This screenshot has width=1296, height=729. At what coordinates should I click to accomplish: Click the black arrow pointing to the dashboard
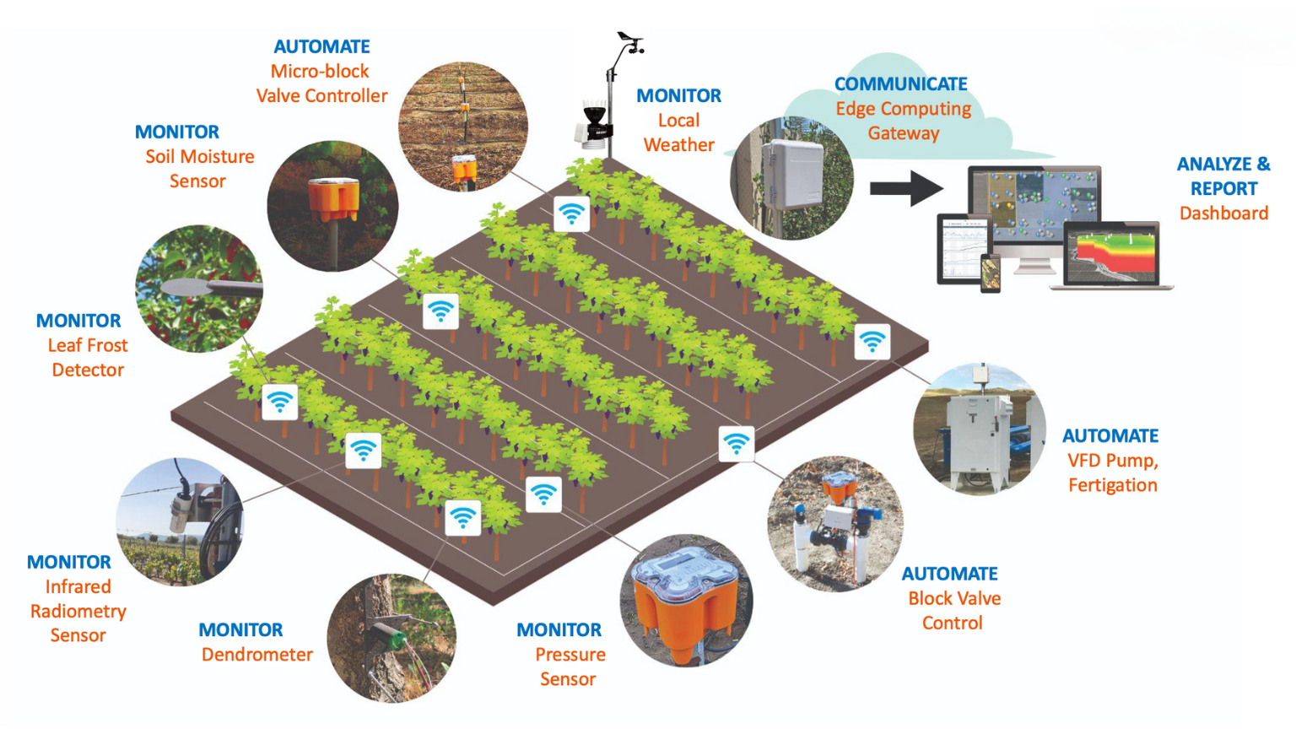pos(907,189)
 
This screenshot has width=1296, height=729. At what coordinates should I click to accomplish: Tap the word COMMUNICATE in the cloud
pos(901,84)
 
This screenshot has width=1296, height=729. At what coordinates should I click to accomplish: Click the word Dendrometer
pos(256,655)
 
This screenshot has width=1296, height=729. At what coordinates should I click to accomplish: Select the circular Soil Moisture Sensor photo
pos(332,206)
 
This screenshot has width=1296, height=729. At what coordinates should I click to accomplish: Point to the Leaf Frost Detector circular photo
pos(199,289)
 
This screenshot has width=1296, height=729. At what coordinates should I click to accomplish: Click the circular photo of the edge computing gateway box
pos(791,178)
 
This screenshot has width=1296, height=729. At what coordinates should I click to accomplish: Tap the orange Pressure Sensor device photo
pos(686,600)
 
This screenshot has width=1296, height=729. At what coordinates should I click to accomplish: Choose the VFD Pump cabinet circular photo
pos(980,429)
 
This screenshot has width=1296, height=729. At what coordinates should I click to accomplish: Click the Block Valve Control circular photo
pos(834,524)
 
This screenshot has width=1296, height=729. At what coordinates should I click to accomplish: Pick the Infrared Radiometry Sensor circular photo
pos(180,521)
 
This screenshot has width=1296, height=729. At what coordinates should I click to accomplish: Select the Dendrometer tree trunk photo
pos(391,638)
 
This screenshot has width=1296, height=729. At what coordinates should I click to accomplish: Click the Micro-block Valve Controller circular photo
pos(463,127)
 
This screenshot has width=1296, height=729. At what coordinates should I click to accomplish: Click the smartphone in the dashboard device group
pos(990,273)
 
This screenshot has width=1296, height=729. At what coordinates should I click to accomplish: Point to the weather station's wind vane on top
pos(631,41)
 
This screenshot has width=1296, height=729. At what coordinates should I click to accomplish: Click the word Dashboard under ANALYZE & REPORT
pos(1223,213)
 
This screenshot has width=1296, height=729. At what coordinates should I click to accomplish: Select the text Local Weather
pos(678,132)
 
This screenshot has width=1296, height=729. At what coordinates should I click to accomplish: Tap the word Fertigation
pos(1113,485)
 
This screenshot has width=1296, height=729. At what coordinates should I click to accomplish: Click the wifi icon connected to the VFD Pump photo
pos(872,342)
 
